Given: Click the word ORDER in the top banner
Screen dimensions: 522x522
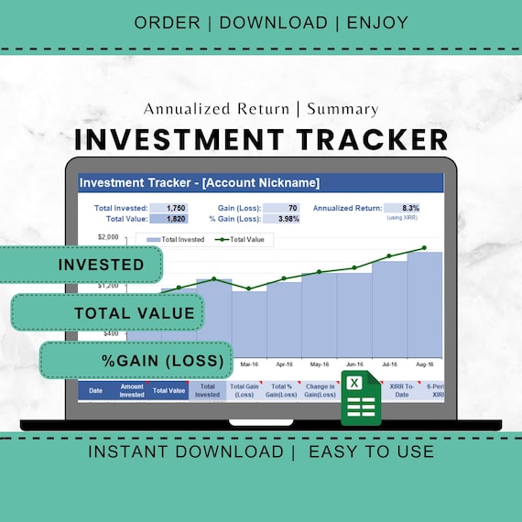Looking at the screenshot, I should point(168,22).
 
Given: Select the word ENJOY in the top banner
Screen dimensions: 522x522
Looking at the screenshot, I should point(377,22).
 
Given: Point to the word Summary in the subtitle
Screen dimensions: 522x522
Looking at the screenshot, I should point(343,109).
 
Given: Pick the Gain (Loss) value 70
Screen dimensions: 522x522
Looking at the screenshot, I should point(292,208).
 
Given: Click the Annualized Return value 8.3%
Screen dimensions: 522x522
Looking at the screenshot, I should point(409,208).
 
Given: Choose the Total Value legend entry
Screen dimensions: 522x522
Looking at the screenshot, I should point(247,239).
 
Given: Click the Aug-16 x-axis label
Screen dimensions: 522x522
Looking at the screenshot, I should point(424,364).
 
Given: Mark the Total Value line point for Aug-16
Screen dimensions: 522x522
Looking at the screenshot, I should point(424,247).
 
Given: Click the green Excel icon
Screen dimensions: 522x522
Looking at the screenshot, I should point(360,399).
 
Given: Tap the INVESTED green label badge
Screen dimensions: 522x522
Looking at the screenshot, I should point(101,265).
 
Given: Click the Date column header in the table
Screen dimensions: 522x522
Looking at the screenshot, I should point(95,391).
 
